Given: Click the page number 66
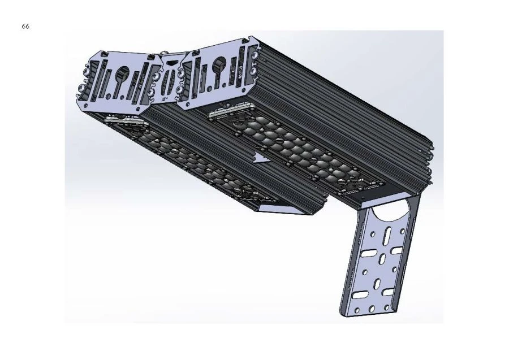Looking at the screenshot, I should (25, 27).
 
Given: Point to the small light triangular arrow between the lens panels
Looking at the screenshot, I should (261, 158).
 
